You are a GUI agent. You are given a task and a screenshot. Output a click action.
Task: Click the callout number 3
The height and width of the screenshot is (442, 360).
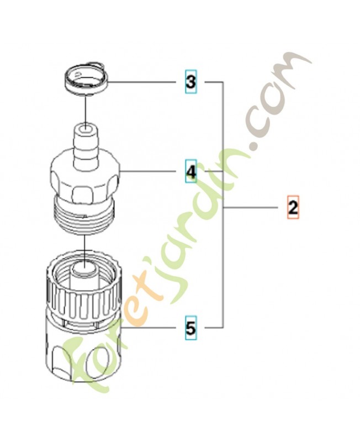click(190, 82)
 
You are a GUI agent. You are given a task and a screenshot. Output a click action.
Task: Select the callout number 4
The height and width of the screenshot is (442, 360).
click(191, 171)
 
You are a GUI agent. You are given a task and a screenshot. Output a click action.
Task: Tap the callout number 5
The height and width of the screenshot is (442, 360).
click(190, 328)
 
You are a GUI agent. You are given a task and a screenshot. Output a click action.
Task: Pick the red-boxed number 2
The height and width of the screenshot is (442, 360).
click(293, 207)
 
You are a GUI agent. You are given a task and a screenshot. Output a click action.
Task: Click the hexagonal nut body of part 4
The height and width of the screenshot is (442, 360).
click(86, 180)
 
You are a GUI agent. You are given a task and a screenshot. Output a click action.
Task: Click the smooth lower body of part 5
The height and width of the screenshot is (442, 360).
click(84, 350)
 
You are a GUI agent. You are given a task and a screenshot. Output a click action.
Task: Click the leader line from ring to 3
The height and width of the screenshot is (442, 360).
click(143, 82)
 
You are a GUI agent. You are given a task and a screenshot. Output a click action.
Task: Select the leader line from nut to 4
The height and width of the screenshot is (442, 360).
click(149, 171)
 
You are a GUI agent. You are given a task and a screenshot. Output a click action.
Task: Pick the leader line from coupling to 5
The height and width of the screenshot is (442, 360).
click(150, 328)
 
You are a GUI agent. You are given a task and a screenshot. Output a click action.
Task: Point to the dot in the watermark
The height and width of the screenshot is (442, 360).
click(256, 145)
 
